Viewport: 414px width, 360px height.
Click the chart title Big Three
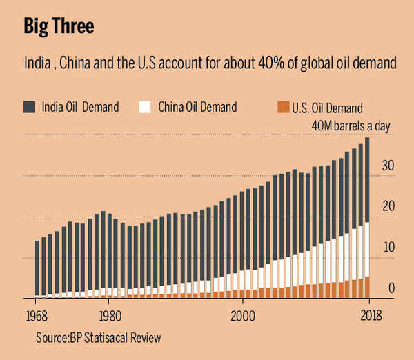pyautogui.click(x=59, y=27)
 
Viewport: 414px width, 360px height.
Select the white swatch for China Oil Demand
pyautogui.click(x=145, y=107)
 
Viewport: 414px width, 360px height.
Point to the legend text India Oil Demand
pyautogui.click(x=81, y=107)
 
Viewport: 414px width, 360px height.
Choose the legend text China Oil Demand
pyautogui.click(x=197, y=107)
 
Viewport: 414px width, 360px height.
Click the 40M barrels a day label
pyautogui.click(x=346, y=125)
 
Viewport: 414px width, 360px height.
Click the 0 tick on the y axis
pyautogui.click(x=391, y=288)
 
